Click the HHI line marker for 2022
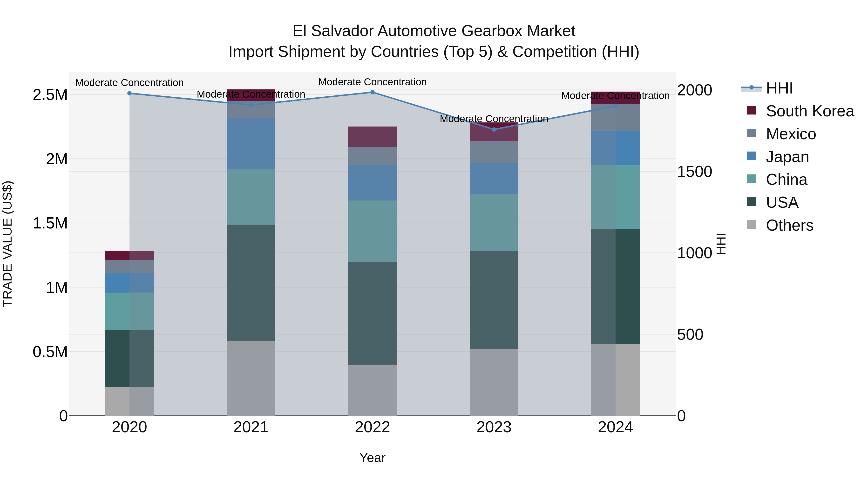click(x=372, y=92)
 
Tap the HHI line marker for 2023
click(x=494, y=129)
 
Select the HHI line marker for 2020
click(x=129, y=93)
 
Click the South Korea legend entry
click(x=809, y=111)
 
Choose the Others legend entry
click(x=789, y=225)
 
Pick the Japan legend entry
click(x=787, y=157)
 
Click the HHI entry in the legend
click(x=779, y=88)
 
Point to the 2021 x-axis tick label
click(x=251, y=427)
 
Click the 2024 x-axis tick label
click(x=615, y=427)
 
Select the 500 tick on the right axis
click(x=690, y=335)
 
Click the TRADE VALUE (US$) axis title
click(x=7, y=244)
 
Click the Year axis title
click(x=372, y=458)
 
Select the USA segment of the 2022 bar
click(x=372, y=313)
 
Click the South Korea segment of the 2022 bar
click(x=372, y=137)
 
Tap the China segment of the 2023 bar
click(x=494, y=222)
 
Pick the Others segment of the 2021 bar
click(x=251, y=378)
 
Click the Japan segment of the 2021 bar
click(x=251, y=144)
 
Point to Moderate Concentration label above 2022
click(x=372, y=82)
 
